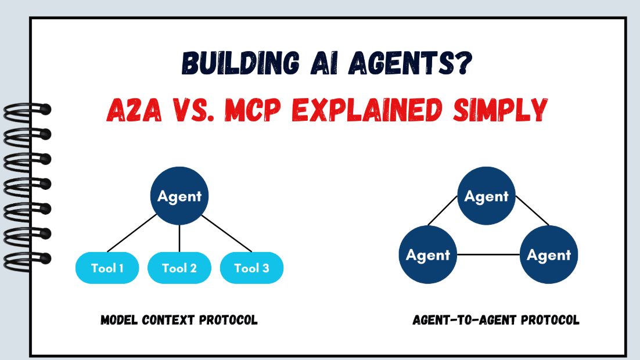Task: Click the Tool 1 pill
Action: coord(107,268)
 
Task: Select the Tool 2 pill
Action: coord(179,268)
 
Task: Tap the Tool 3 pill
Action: coord(252,268)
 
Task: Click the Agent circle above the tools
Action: coord(179,196)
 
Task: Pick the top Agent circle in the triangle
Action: coord(486,196)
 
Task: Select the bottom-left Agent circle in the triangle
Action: coord(428,255)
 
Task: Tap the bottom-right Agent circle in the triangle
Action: coord(549,255)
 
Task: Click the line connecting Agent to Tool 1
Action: coord(132,233)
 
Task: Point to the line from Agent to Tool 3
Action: coord(226,233)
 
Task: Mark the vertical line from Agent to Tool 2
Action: coord(179,239)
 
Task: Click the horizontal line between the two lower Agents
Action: coord(488,255)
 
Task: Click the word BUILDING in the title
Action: coord(240,63)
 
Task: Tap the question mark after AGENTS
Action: coord(463,63)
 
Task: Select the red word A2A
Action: coord(134,110)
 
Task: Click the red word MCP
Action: coord(253,110)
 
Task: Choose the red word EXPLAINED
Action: coord(367,110)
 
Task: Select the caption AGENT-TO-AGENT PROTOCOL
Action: coord(496,320)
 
